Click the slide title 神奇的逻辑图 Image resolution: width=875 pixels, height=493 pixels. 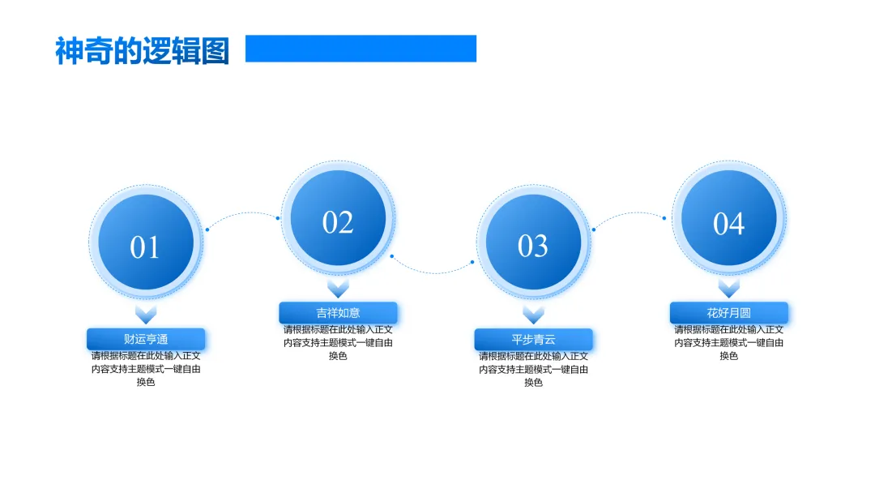(x=142, y=50)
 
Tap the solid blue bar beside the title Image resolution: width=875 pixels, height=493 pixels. (x=361, y=49)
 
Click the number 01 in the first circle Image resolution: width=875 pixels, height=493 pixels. (x=145, y=247)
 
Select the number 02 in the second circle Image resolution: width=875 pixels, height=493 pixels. (x=338, y=222)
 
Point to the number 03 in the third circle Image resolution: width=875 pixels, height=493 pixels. (x=533, y=246)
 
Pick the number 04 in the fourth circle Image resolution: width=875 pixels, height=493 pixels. (x=728, y=223)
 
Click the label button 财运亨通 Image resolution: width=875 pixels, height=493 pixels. (x=146, y=339)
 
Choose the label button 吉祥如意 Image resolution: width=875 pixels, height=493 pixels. (x=338, y=312)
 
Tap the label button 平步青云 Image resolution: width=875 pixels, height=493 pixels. (x=533, y=339)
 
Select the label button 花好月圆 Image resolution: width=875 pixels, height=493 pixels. (x=728, y=312)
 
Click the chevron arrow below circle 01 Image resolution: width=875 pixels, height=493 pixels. (x=146, y=315)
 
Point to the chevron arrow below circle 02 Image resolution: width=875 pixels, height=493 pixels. (x=338, y=289)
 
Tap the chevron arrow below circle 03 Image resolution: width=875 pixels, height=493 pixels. (x=533, y=315)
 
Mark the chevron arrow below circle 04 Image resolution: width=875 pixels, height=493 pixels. (x=728, y=289)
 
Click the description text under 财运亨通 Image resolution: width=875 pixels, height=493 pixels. (x=146, y=369)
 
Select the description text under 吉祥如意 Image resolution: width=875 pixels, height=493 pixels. (x=338, y=342)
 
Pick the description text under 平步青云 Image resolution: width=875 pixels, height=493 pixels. (x=533, y=369)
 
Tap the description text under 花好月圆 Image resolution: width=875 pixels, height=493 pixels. (x=728, y=342)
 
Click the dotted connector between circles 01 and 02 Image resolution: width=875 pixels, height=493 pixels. (x=243, y=215)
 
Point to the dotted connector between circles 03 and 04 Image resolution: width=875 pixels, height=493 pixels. (x=630, y=215)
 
